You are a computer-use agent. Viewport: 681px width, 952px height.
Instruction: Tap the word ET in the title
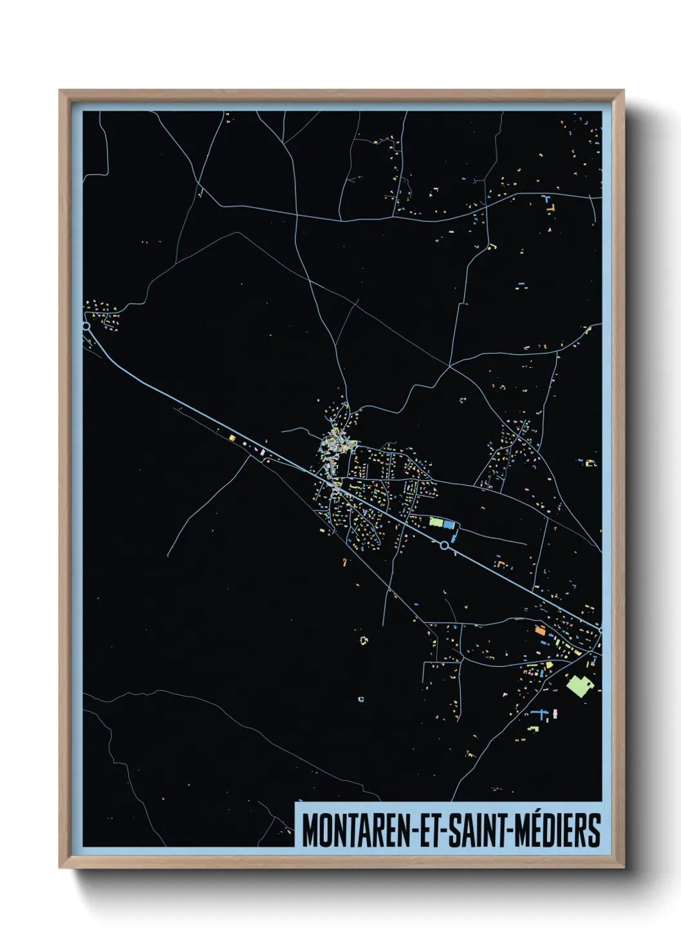(427, 830)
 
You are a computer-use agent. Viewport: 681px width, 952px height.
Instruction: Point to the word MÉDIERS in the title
(559, 830)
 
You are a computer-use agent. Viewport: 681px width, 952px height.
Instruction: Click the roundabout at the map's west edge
(86, 327)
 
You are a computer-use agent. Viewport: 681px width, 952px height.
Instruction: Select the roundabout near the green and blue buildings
(444, 545)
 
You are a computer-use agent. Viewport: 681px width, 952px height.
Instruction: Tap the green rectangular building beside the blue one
(436, 522)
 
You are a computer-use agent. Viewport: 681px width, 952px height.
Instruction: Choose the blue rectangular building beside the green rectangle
(449, 525)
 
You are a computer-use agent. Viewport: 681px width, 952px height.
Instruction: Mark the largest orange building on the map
(540, 630)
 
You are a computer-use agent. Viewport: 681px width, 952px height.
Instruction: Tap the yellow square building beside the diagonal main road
(232, 437)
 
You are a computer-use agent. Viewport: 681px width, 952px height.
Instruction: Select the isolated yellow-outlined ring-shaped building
(364, 641)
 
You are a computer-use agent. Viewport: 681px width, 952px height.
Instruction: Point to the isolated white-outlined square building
(361, 699)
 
